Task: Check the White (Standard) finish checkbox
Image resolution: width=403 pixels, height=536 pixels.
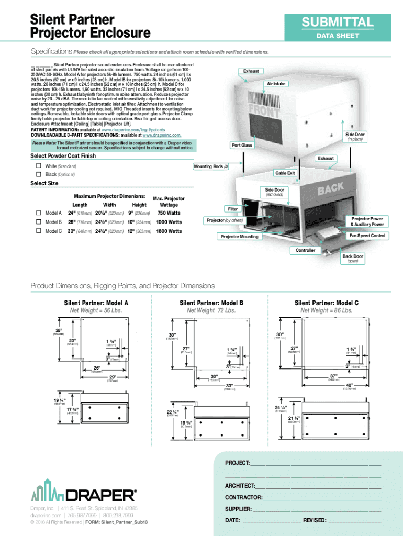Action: click(38, 166)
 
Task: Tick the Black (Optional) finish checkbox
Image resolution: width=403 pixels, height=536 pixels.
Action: click(38, 174)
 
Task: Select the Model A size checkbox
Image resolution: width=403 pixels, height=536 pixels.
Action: click(38, 213)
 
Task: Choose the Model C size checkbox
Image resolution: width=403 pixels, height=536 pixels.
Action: click(38, 231)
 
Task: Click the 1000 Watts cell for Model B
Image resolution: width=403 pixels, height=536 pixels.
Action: click(169, 222)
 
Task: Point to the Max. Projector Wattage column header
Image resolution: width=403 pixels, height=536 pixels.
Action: click(169, 202)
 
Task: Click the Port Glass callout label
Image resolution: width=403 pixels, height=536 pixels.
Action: click(242, 144)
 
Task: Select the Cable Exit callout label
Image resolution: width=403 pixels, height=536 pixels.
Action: click(285, 173)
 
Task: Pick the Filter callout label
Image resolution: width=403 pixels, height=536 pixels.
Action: click(233, 209)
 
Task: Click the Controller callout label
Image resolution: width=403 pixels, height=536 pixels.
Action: click(305, 250)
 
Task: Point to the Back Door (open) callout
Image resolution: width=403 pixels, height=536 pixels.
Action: click(352, 259)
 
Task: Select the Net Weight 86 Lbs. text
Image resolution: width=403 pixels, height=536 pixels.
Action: click(326, 310)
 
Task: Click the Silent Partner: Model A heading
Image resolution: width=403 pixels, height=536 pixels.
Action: click(96, 303)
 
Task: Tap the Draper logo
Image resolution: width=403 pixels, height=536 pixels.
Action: click(84, 492)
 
